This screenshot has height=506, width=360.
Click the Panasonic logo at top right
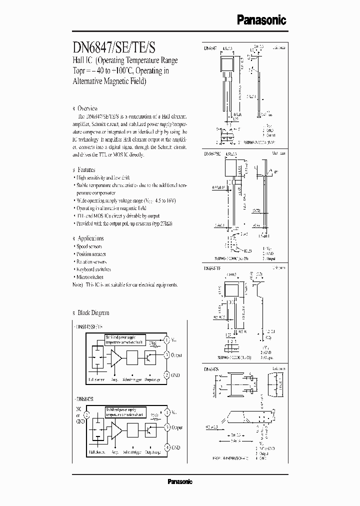click(261, 19)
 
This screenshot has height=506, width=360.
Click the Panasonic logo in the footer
click(179, 482)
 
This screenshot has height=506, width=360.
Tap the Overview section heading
click(87, 108)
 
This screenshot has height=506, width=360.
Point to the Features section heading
click(86, 170)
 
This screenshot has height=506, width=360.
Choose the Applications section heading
click(90, 238)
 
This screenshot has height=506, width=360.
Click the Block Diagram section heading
click(93, 312)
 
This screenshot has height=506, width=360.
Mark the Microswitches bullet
click(90, 276)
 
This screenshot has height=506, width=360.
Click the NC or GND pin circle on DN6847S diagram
click(86, 414)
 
